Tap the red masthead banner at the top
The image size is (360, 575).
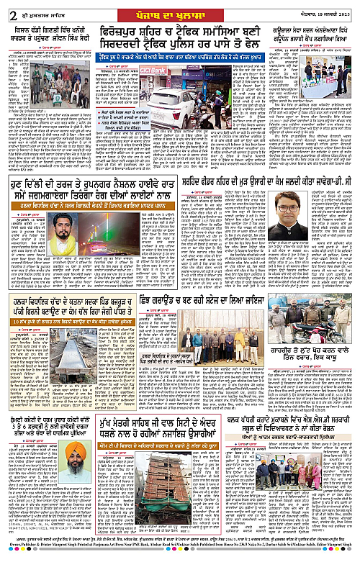point(180,8)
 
